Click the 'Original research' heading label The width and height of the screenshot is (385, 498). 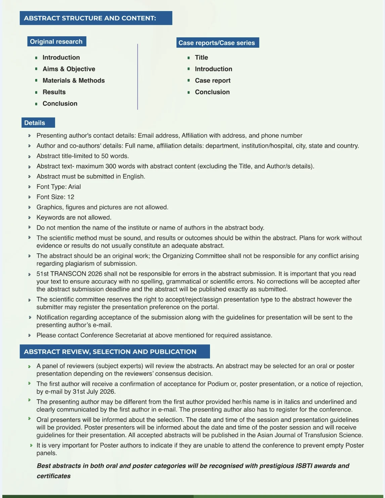pyautogui.click(x=56, y=41)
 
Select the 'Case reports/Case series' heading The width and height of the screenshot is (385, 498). pyautogui.click(x=217, y=43)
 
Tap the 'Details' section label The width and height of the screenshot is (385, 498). pyautogui.click(x=35, y=123)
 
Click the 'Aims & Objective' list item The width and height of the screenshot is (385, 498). pyautogui.click(x=69, y=69)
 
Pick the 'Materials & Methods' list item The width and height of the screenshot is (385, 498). pyautogui.click(x=74, y=80)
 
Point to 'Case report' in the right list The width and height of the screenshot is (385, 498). pyautogui.click(x=213, y=80)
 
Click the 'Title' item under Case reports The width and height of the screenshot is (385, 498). pyautogui.click(x=202, y=57)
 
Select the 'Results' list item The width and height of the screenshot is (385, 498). pyautogui.click(x=54, y=92)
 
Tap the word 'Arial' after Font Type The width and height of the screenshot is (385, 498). pyautogui.click(x=75, y=187)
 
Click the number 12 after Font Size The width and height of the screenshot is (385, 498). pyautogui.click(x=71, y=197)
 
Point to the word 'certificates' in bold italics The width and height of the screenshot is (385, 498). pyautogui.click(x=54, y=476)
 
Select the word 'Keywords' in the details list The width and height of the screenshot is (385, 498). pyautogui.click(x=50, y=217)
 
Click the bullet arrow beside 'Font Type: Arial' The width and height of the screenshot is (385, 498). pyautogui.click(x=30, y=187)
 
